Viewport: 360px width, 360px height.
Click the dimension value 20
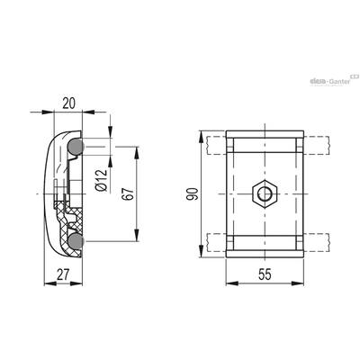click(x=68, y=103)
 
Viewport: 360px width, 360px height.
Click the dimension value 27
click(x=63, y=274)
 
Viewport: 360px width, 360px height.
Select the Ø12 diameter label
click(x=102, y=180)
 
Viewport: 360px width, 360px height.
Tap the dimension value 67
click(x=128, y=194)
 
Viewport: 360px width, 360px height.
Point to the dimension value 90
click(x=192, y=193)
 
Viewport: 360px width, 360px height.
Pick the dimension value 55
click(x=265, y=274)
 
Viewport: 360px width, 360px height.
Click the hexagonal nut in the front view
click(x=265, y=194)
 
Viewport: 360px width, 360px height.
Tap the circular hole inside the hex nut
click(x=265, y=194)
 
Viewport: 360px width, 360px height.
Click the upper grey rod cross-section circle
click(x=76, y=147)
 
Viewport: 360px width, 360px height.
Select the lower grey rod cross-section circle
click(x=76, y=241)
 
